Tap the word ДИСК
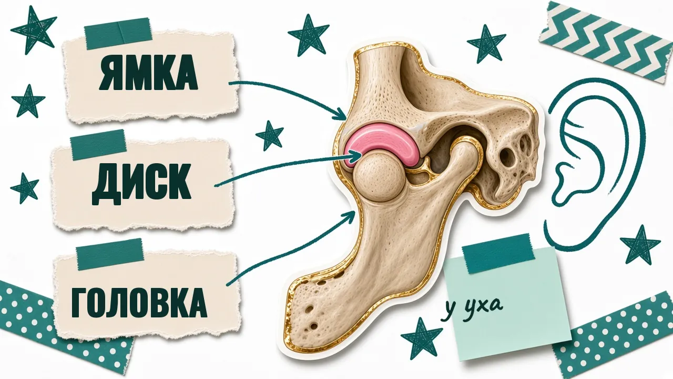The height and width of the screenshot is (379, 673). click(141, 184)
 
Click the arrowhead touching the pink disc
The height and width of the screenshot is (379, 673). click(356, 156)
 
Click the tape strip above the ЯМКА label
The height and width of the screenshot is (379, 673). click(118, 33)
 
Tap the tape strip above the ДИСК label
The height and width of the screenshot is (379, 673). click(98, 144)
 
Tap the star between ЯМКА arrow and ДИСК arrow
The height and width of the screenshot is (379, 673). click(270, 135)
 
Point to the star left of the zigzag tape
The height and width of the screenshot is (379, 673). click(486, 44)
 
